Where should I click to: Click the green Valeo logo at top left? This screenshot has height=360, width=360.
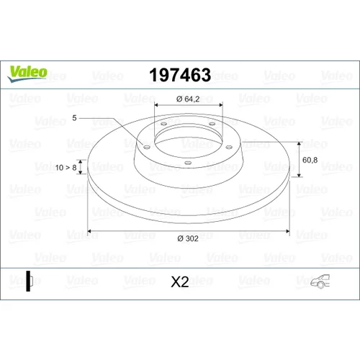[x=27, y=73]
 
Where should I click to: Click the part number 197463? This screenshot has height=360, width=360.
[x=180, y=75]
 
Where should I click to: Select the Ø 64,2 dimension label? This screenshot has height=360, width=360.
[x=188, y=99]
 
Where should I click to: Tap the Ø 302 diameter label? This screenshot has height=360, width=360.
[x=188, y=238]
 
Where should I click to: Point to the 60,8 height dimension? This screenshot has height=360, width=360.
[x=310, y=160]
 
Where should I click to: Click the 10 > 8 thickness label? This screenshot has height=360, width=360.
[x=66, y=168]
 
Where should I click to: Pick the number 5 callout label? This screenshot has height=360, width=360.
[x=74, y=118]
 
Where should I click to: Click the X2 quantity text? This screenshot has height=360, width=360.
[x=180, y=282]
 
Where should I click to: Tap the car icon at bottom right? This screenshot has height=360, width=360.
[x=320, y=281]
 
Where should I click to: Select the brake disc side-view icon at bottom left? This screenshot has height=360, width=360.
[x=30, y=281]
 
